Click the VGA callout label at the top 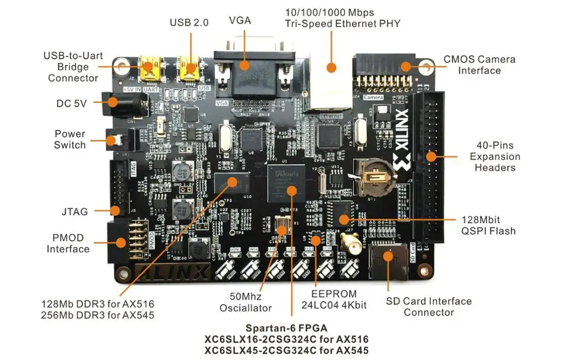[x=240, y=20]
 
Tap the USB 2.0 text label [x=189, y=22]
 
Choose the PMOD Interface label [x=68, y=243]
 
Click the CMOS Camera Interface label [x=479, y=65]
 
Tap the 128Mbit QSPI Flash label [x=488, y=225]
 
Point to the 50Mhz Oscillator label [x=245, y=302]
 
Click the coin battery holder [x=372, y=173]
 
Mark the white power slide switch [x=116, y=140]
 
